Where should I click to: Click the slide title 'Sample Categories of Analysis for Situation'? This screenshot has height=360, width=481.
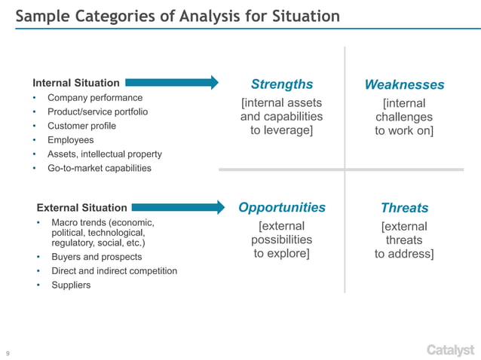tap(178, 17)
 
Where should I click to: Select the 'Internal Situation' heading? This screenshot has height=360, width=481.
tap(76, 83)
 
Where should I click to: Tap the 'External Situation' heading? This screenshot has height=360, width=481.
tap(82, 207)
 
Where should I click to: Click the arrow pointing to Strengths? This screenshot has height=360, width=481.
tap(172, 82)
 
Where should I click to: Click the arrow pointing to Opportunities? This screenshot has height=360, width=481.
tap(179, 206)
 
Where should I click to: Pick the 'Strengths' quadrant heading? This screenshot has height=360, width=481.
tap(281, 84)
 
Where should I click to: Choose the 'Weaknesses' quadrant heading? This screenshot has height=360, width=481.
tap(404, 84)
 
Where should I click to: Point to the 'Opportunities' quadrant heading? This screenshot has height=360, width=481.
tap(282, 207)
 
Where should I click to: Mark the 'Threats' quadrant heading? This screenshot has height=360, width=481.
tap(404, 208)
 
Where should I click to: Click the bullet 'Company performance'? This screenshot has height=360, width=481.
tap(95, 98)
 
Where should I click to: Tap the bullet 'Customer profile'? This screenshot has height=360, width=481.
tap(81, 126)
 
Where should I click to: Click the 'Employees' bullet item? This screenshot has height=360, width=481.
tap(71, 140)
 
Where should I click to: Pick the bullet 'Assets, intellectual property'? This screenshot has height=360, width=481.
tap(105, 154)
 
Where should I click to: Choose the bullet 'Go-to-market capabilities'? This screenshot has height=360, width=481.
tap(100, 168)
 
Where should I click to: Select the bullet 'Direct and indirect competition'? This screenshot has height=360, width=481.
tap(114, 270)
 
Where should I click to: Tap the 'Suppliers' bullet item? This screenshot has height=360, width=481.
tap(71, 285)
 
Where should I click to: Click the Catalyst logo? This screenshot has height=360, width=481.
tap(450, 349)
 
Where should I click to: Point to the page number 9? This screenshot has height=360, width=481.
tap(8, 352)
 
